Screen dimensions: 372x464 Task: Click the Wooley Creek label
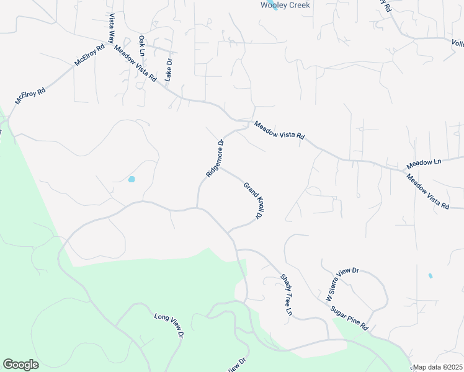(285, 5)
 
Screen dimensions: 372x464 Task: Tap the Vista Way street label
(112, 27)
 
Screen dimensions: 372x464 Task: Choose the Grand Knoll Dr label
(252, 200)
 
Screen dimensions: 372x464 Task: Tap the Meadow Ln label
(424, 164)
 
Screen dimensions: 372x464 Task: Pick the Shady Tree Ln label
(286, 294)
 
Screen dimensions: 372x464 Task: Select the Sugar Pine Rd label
(350, 317)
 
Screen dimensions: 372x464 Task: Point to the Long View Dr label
(169, 325)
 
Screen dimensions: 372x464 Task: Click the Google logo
(20, 365)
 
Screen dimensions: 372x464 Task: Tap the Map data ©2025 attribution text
(437, 367)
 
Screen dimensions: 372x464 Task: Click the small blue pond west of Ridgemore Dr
(132, 179)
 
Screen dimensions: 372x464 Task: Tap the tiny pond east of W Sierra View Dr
(431, 275)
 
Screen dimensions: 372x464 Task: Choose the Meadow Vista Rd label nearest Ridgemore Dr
(279, 130)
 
